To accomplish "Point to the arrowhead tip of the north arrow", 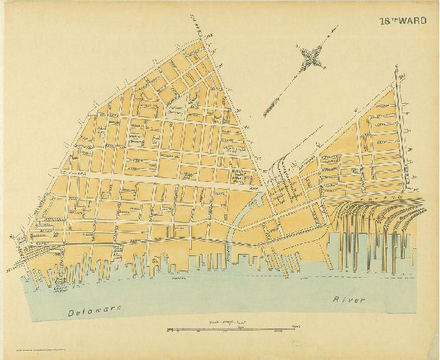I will [335, 30].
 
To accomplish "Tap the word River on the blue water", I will [349, 299].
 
